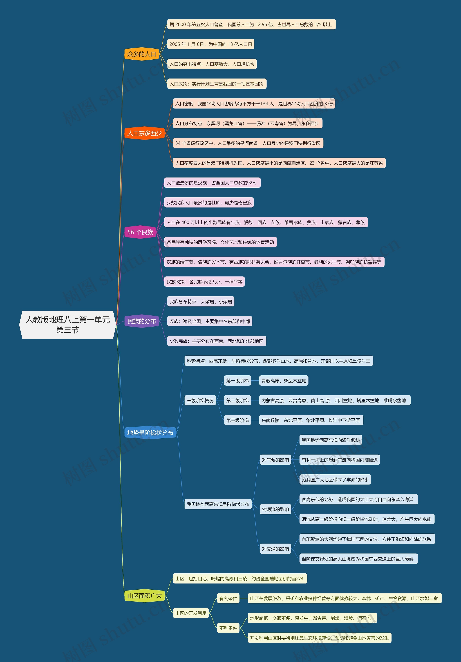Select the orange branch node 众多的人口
coord(142,54)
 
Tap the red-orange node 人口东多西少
coord(144,133)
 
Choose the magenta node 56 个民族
coord(140,232)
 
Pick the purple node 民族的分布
coord(142,321)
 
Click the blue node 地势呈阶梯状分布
coord(150,432)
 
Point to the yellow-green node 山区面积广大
coord(144,596)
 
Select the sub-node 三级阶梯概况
coord(200,400)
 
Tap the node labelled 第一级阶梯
coord(237,381)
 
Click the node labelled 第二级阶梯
coord(237,400)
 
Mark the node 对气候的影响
coord(275,460)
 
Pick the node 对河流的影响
coord(275,510)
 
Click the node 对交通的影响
coord(275,549)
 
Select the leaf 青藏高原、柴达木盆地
coord(284,381)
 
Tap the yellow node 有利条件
coord(228,598)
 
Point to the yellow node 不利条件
coord(228,628)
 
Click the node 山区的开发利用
coord(191,613)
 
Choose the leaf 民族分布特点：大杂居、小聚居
coord(201,302)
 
